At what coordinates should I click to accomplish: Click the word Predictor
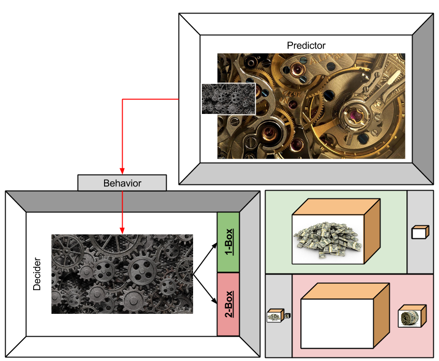point(306,46)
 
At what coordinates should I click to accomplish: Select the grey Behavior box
point(122,183)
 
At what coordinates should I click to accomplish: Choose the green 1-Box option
point(228,241)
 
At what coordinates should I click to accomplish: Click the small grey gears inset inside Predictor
point(228,99)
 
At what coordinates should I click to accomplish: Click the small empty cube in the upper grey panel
point(419,233)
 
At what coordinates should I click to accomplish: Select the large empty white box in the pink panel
point(336,324)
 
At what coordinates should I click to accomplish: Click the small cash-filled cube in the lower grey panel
point(274,315)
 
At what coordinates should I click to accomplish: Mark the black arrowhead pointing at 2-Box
point(214,303)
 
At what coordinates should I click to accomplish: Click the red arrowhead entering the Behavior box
point(122,172)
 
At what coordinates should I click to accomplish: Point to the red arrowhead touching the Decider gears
point(122,230)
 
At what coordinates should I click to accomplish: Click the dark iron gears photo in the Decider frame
point(122,274)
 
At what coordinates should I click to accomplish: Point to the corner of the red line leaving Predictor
point(122,99)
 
